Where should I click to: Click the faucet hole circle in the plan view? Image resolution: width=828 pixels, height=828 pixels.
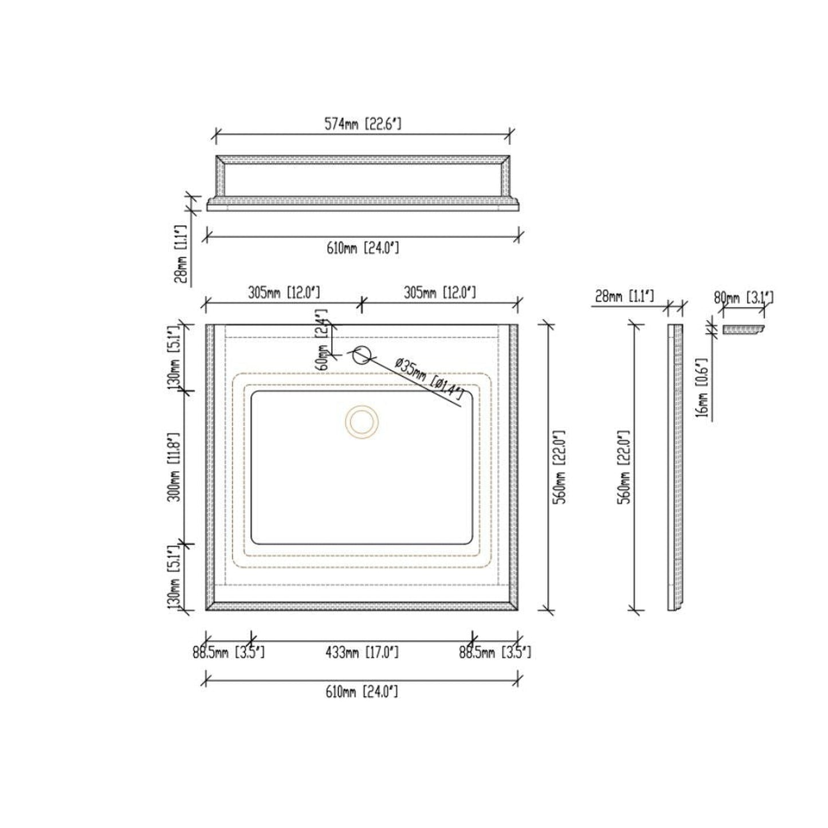[361, 355]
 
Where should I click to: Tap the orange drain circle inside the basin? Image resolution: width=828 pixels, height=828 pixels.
[362, 422]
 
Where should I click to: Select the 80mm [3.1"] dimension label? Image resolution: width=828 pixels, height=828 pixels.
[743, 298]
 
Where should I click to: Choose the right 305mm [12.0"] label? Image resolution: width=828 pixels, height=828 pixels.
[439, 293]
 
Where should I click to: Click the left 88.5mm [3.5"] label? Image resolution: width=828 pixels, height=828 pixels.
[228, 653]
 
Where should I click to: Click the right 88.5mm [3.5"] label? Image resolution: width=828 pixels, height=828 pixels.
[495, 653]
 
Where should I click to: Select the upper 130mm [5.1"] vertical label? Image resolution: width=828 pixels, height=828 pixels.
[176, 357]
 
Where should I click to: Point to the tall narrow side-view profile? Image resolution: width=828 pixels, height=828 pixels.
[676, 467]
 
